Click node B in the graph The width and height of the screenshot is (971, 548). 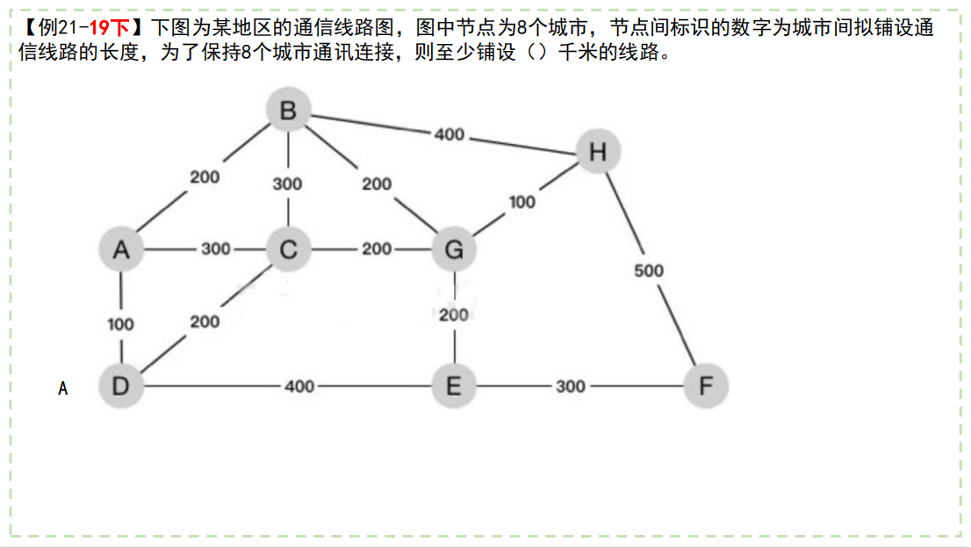pos(289,112)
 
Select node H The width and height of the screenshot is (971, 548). pos(598,152)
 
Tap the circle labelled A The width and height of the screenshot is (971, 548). pos(121,249)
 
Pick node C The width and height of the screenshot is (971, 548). pos(288,249)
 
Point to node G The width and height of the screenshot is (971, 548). pos(454,249)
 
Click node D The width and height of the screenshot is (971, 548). pos(121,386)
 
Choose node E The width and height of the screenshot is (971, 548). pos(454,386)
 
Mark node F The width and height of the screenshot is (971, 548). pos(707,386)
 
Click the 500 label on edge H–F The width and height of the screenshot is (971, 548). pos(649,270)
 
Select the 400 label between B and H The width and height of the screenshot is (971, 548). pos(449,134)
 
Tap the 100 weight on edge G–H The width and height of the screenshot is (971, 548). pos(521,202)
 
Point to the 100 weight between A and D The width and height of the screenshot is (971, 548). pos(120,324)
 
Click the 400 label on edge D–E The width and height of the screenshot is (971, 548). pos(299,386)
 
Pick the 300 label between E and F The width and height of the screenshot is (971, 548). pos(570,386)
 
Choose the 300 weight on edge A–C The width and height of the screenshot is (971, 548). pos(216,249)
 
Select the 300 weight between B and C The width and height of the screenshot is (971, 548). pos(287,184)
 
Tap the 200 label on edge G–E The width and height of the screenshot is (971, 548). pos(454,314)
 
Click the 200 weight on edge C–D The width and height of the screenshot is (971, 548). pos(205,321)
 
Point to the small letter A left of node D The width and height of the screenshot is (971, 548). pos(62,387)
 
